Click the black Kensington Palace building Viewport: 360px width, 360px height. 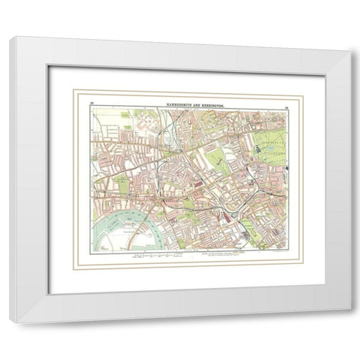click(259, 148)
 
